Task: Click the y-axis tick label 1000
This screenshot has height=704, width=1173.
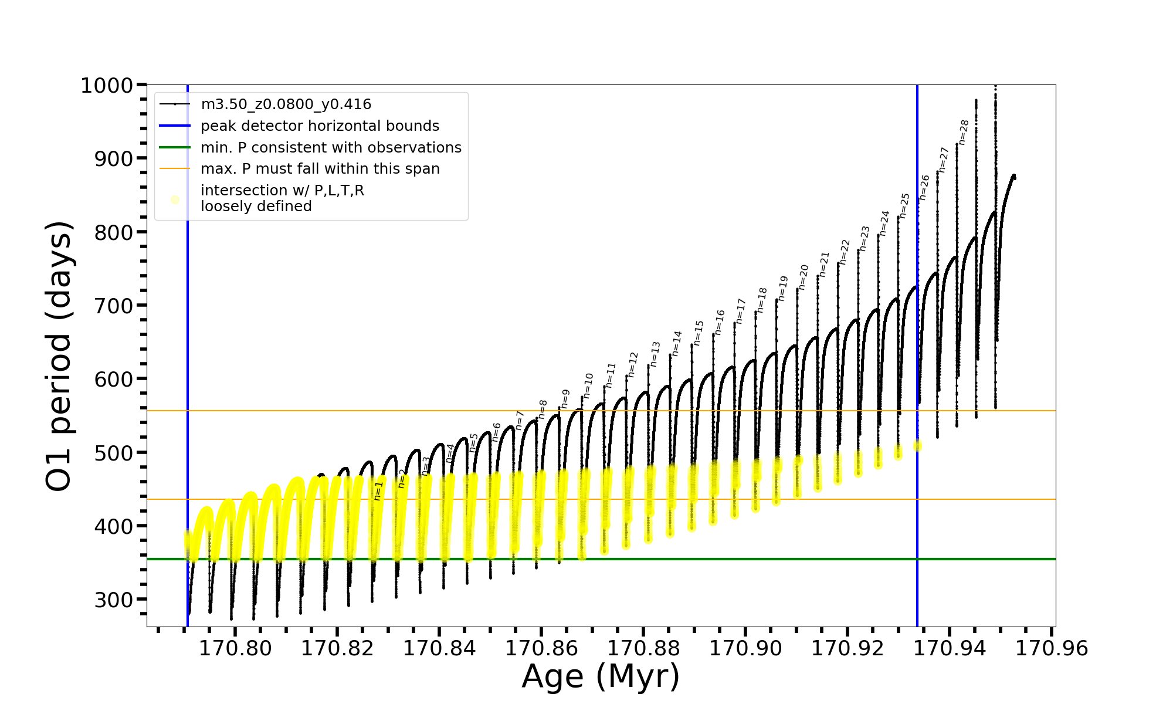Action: (107, 86)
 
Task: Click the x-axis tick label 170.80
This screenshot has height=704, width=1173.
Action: (235, 649)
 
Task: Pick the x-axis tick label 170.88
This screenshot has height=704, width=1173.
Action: (643, 649)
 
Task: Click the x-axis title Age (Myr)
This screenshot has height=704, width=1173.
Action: (601, 676)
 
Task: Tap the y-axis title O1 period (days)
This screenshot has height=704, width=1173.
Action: (59, 356)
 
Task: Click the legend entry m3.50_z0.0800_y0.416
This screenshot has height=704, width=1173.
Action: (286, 104)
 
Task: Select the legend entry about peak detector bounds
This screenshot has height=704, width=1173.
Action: (320, 126)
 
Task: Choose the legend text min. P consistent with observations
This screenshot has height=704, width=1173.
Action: (331, 148)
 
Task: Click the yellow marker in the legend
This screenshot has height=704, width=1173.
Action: (175, 200)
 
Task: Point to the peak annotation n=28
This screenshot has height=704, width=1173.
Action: (964, 132)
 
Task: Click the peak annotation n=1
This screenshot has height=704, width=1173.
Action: (379, 490)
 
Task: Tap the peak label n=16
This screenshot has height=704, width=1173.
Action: (720, 323)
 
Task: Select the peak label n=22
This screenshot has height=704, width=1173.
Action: (845, 252)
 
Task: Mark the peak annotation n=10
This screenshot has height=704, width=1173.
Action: (588, 385)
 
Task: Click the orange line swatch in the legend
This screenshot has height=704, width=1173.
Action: (175, 169)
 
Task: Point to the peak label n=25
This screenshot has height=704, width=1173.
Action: (904, 205)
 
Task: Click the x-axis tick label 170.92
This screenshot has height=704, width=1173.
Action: (847, 649)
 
